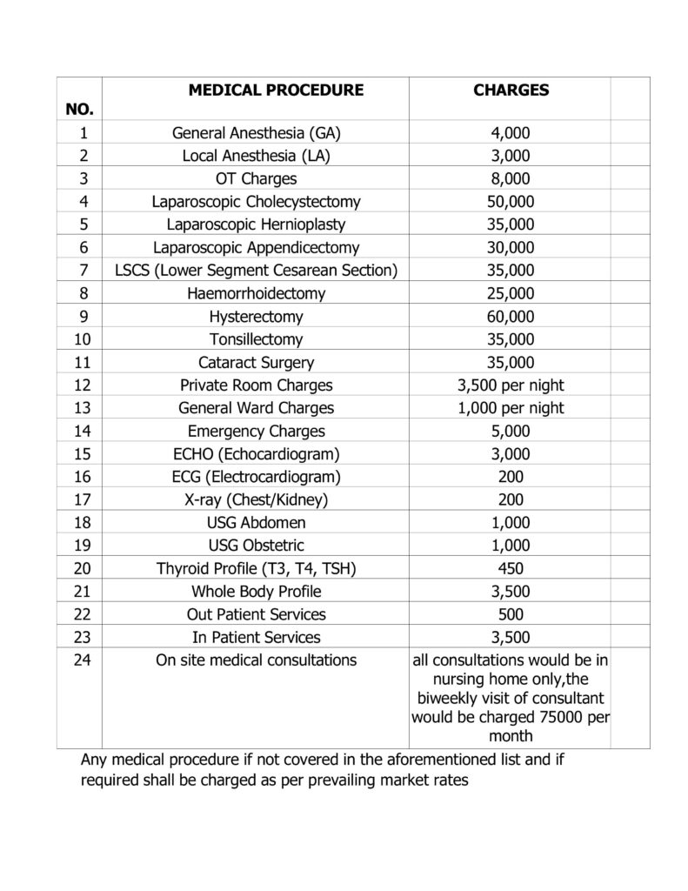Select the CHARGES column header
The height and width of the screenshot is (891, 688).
click(x=511, y=90)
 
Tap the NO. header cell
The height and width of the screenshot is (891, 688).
click(x=79, y=109)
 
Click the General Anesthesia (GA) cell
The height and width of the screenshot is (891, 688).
click(x=256, y=133)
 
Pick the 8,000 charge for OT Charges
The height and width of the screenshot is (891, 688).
click(x=511, y=179)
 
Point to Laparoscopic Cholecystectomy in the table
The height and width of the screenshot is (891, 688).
click(x=256, y=202)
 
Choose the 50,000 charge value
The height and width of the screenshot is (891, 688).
click(x=511, y=202)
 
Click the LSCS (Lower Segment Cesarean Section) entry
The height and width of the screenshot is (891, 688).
click(x=256, y=271)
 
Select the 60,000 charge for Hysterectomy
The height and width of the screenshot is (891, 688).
click(x=511, y=317)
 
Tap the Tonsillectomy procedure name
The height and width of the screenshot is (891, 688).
click(x=256, y=339)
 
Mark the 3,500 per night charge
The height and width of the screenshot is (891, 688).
click(x=511, y=385)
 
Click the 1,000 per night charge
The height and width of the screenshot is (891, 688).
click(x=511, y=408)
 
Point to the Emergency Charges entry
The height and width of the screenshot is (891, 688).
click(x=256, y=431)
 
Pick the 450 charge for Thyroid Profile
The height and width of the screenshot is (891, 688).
click(x=511, y=568)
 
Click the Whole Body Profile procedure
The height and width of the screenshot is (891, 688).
click(x=256, y=592)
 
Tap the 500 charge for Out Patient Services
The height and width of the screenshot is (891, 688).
click(x=511, y=614)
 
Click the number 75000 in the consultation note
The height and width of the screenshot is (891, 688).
click(x=562, y=717)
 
